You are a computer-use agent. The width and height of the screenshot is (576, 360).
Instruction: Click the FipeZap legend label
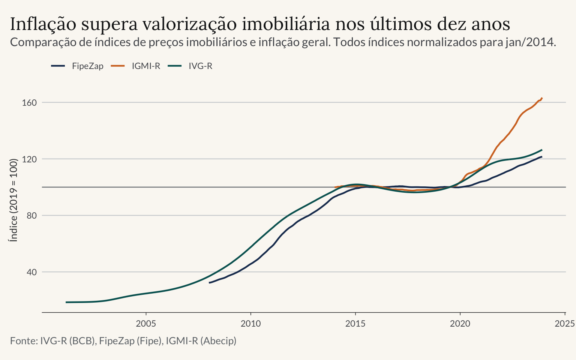87,66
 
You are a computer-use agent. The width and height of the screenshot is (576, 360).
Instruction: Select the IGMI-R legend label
146,66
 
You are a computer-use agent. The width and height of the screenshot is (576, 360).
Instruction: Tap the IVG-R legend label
201,66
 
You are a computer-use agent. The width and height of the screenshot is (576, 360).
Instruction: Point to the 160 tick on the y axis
29,103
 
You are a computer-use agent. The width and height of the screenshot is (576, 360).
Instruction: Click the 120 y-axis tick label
29,159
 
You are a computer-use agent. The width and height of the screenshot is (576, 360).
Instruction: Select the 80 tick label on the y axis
32,216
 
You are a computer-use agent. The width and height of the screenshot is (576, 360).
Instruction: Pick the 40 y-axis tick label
32,272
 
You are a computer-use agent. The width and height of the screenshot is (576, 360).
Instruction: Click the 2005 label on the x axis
146,324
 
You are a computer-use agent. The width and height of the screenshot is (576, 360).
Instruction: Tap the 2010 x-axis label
251,324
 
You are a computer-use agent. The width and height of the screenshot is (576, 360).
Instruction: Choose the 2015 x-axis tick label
355,324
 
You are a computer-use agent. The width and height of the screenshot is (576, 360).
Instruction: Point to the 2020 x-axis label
460,324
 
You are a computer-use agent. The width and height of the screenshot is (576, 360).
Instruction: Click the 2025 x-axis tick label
565,324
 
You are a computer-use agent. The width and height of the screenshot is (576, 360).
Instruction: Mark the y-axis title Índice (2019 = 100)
13,200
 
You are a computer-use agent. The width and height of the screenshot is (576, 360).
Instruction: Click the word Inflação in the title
43,24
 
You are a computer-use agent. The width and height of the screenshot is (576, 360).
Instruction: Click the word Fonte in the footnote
24,341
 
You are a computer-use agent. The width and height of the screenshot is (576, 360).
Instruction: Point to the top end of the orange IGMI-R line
542,98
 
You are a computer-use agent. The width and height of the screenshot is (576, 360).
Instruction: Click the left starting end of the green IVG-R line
66,302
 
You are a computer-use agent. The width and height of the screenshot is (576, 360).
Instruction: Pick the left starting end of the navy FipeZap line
210,283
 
